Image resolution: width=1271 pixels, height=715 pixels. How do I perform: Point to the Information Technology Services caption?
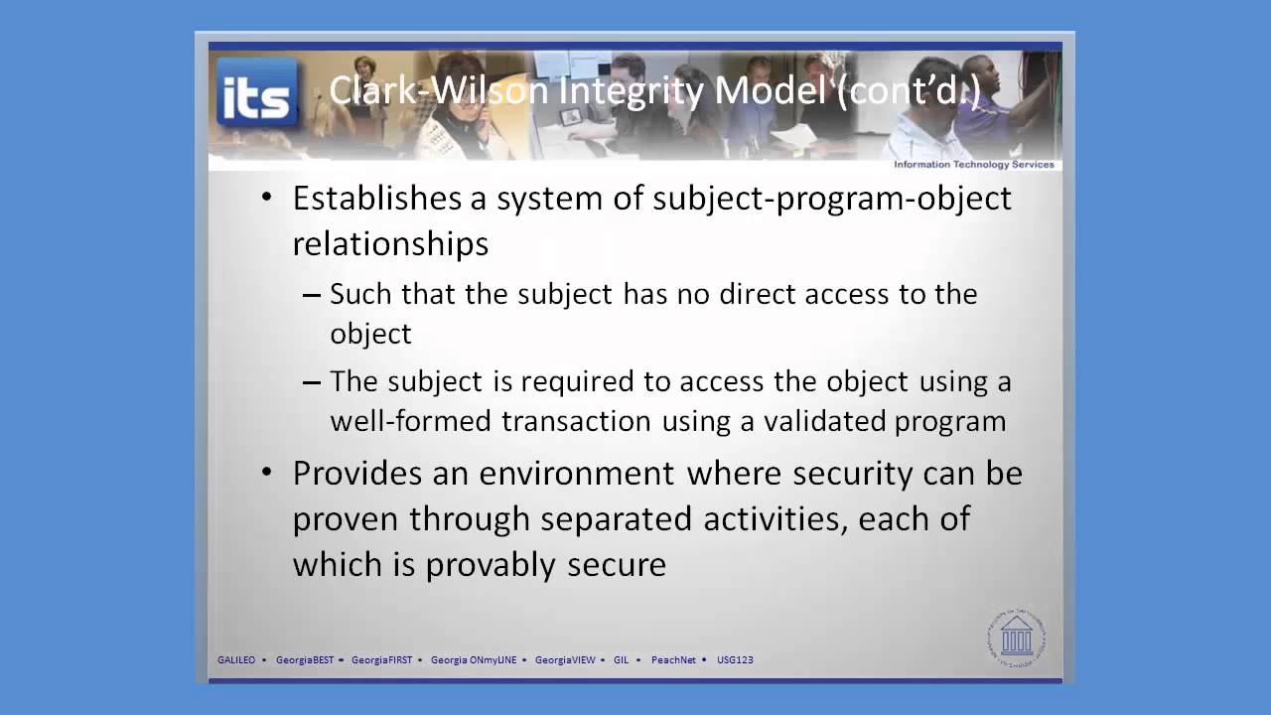click(x=973, y=165)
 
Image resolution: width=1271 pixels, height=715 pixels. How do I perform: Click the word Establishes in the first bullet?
click(x=376, y=198)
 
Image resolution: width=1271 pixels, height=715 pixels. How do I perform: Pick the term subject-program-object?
click(x=832, y=198)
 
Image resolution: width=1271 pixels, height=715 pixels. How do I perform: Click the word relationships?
click(x=390, y=243)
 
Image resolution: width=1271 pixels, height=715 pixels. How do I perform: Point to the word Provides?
click(x=358, y=473)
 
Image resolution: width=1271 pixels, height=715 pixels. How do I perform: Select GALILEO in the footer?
click(x=236, y=659)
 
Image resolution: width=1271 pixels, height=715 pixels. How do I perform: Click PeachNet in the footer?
click(x=673, y=659)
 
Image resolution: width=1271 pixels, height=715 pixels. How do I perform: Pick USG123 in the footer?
click(x=735, y=659)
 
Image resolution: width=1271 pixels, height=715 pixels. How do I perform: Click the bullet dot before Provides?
click(x=265, y=474)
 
